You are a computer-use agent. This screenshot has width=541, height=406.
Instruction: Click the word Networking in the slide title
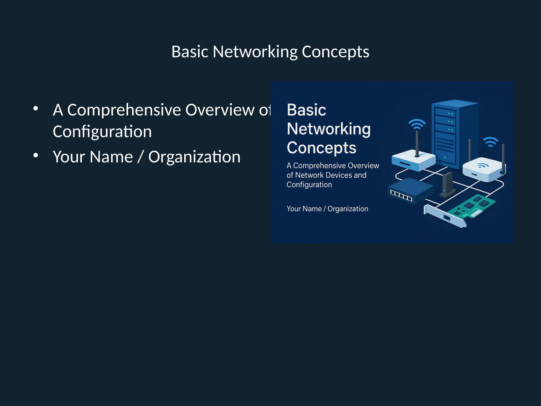point(255,52)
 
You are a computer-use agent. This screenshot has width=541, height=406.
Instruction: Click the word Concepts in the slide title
point(335,52)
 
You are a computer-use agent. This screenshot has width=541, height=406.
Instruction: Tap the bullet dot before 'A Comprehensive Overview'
point(36,108)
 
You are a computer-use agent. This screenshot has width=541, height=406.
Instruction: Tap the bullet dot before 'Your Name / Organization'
point(36,155)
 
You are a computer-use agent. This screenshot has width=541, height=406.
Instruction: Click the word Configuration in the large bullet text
point(102,132)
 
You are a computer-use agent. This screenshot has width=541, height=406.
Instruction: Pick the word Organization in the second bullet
point(194,157)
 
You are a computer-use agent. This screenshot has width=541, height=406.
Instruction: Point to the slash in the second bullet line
point(140,157)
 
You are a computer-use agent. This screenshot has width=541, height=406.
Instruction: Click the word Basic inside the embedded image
point(306,110)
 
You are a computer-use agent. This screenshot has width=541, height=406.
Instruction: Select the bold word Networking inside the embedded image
point(329,129)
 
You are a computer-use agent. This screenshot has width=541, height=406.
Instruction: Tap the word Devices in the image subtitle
point(339,175)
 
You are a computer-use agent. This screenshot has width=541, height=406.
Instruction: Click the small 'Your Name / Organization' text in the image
point(327,209)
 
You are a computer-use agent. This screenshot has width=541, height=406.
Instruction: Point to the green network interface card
point(473,206)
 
